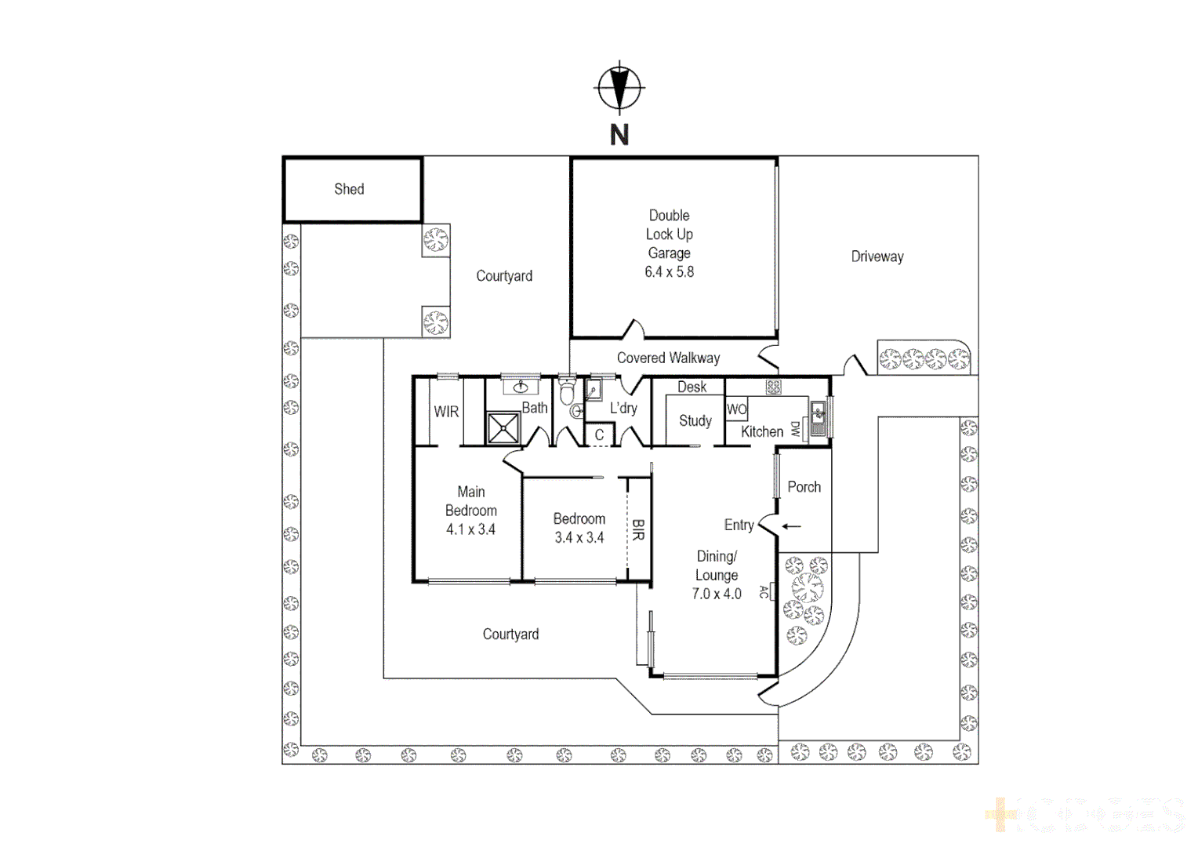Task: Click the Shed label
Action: pyautogui.click(x=349, y=189)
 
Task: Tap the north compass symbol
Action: pyautogui.click(x=619, y=87)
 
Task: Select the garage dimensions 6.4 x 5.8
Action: pyautogui.click(x=669, y=272)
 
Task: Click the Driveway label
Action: pyautogui.click(x=877, y=256)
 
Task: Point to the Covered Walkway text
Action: pyautogui.click(x=668, y=358)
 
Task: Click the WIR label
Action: pyautogui.click(x=446, y=412)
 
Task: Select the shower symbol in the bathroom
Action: pyautogui.click(x=503, y=428)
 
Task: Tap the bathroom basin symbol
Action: pyautogui.click(x=521, y=387)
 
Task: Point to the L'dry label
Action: pyautogui.click(x=623, y=408)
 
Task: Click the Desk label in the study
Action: pyautogui.click(x=692, y=387)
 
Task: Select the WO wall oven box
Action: pyautogui.click(x=736, y=409)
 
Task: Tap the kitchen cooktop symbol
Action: pyautogui.click(x=773, y=387)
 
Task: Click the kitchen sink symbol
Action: pyautogui.click(x=818, y=418)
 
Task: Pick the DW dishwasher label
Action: pyautogui.click(x=794, y=429)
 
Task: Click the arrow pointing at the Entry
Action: pyautogui.click(x=791, y=526)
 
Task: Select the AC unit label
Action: pyautogui.click(x=764, y=592)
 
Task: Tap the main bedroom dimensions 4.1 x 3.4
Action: pyautogui.click(x=470, y=529)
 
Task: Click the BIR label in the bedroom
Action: pyautogui.click(x=638, y=529)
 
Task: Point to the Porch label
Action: pyautogui.click(x=804, y=487)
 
